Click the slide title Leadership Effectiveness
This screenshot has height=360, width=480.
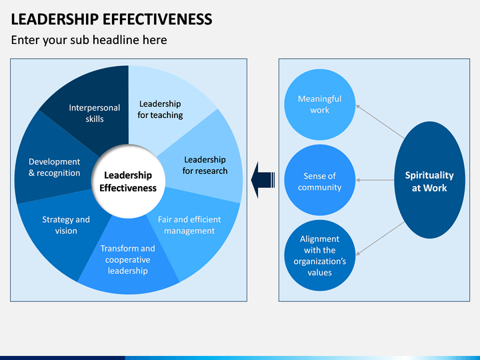pos(112,19)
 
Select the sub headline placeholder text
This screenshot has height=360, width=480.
pos(89,40)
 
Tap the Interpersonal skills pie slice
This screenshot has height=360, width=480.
pos(94,113)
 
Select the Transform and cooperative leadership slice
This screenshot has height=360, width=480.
pos(127,259)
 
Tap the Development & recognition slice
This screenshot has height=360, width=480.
pos(54,167)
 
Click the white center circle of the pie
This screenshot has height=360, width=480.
pos(128,181)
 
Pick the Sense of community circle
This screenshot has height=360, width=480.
pos(319,181)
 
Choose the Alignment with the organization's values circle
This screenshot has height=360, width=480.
pos(319,255)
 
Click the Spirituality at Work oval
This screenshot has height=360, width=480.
pos(429,181)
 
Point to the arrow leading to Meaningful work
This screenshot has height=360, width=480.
pos(380,121)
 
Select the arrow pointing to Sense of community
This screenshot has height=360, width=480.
pos(380,180)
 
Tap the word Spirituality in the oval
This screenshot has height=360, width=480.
pos(429,175)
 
